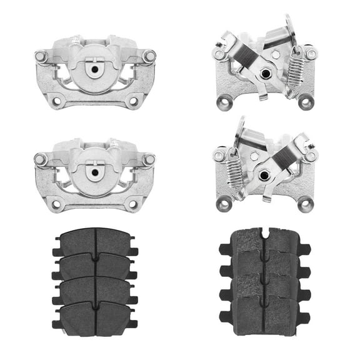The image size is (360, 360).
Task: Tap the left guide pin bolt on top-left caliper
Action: (41, 56)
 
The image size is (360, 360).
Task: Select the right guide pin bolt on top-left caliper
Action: (149, 56)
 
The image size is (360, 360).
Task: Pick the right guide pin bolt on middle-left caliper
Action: (149, 160)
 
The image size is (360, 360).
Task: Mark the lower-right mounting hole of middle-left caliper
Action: (133, 203)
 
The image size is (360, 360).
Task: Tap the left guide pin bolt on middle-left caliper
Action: (41, 160)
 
